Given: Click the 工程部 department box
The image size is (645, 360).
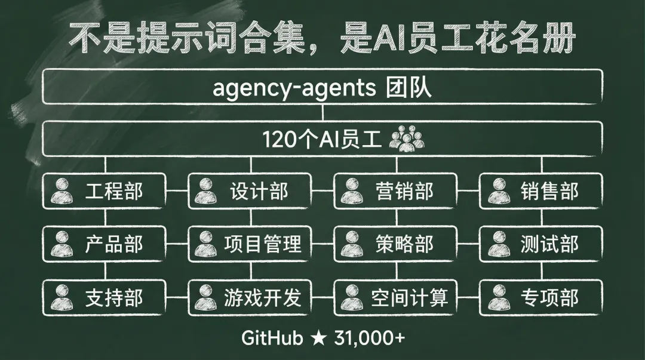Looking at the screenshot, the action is pyautogui.click(x=105, y=192).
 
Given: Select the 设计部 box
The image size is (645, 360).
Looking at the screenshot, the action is pyautogui.click(x=250, y=192).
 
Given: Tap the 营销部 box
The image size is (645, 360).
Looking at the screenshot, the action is pyautogui.click(x=396, y=192).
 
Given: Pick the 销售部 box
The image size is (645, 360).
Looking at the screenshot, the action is pyautogui.click(x=541, y=192).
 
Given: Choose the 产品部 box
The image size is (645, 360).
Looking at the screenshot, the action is pyautogui.click(x=105, y=244).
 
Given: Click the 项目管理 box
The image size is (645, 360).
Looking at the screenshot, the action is pyautogui.click(x=250, y=244).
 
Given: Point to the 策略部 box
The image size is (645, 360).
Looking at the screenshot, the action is pyautogui.click(x=396, y=244).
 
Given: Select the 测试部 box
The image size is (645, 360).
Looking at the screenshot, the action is pyautogui.click(x=541, y=244).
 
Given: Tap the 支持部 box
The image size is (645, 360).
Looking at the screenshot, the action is pyautogui.click(x=105, y=297).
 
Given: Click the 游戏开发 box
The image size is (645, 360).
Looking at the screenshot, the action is pyautogui.click(x=250, y=297).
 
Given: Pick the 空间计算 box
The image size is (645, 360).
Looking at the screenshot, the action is pyautogui.click(x=396, y=297).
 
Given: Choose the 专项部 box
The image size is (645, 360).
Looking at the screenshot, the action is pyautogui.click(x=541, y=297).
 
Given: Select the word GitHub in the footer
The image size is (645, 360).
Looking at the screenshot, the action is pyautogui.click(x=272, y=338).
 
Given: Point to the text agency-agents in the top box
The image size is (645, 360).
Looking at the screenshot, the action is pyautogui.click(x=294, y=89).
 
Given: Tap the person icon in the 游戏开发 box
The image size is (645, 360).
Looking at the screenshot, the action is pyautogui.click(x=207, y=297).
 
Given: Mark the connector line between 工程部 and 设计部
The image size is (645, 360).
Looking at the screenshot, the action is pyautogui.click(x=177, y=192).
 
